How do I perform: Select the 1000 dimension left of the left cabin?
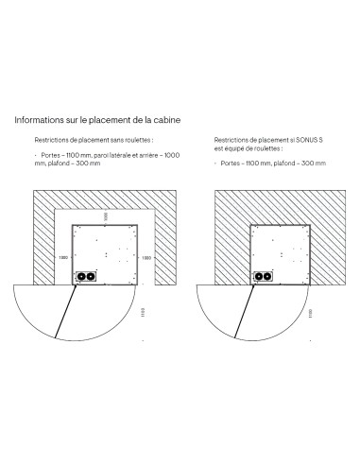pyautogui.click(x=61, y=256)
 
